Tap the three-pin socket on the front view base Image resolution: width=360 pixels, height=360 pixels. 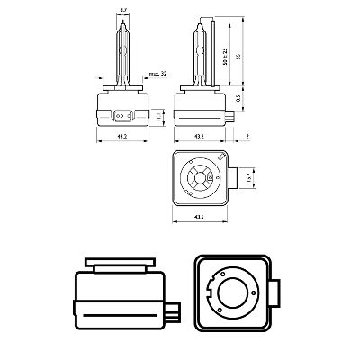123,115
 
